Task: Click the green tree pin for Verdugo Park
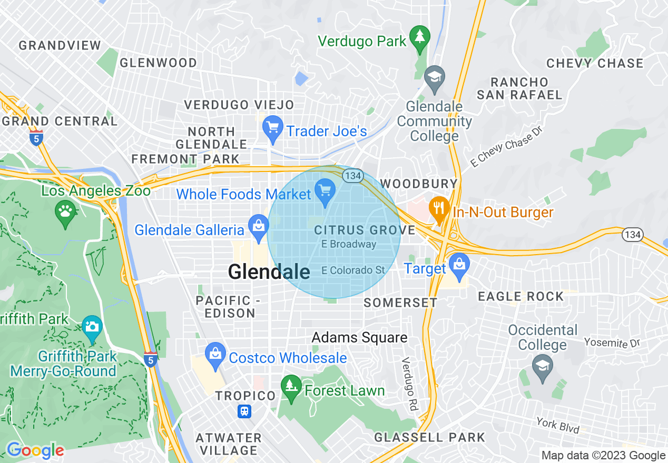[419, 37]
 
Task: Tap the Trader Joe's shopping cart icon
[272, 127]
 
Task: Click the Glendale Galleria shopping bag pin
[258, 226]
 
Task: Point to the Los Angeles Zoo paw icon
[65, 212]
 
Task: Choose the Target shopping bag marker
[459, 264]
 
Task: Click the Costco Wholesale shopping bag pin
[215, 354]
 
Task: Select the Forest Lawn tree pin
[290, 387]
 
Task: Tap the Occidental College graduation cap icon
[542, 366]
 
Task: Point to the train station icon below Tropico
[244, 411]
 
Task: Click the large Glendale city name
[269, 272]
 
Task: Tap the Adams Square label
[359, 337]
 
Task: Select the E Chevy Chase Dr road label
[506, 146]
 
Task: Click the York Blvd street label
[557, 425]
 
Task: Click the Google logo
[35, 451]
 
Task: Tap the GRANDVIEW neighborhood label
[60, 45]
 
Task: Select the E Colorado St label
[353, 270]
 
